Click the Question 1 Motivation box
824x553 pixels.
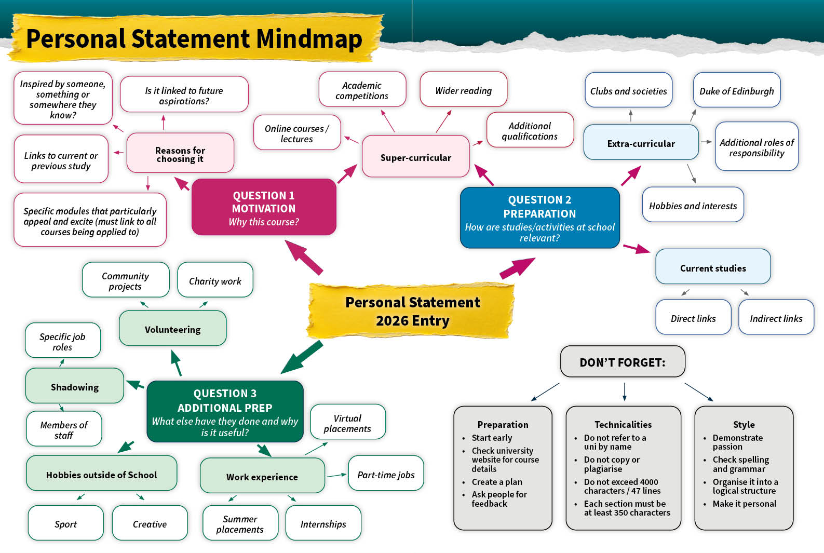(264, 208)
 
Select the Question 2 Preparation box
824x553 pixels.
(539, 218)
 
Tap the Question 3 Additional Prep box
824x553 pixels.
(225, 412)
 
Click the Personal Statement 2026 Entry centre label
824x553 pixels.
(412, 311)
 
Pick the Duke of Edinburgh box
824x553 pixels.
(736, 91)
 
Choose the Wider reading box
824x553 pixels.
(463, 90)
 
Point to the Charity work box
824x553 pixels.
(215, 280)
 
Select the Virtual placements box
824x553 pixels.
(347, 423)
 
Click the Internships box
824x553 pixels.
(323, 523)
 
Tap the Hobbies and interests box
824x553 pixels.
(693, 205)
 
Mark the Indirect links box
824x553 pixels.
(776, 318)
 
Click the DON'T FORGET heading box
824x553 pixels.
(622, 362)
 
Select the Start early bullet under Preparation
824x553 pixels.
(491, 438)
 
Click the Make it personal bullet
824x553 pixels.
(744, 504)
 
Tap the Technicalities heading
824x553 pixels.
(623, 424)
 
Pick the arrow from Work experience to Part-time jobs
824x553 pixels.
(336, 475)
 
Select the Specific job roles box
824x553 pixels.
(62, 341)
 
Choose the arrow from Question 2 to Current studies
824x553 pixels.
(636, 248)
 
